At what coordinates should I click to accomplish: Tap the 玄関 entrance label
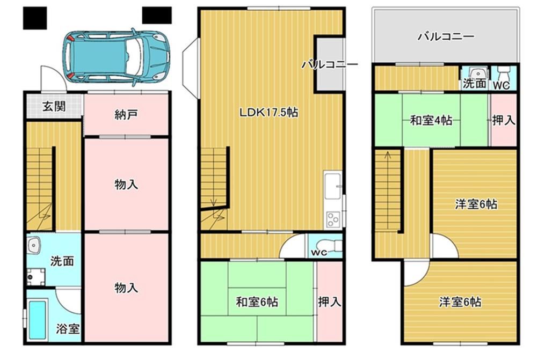point(54,106)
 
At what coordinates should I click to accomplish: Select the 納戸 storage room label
point(126,114)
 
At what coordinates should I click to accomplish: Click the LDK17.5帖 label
point(268,112)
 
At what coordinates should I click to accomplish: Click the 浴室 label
point(68,329)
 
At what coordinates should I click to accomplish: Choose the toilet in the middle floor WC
point(329,246)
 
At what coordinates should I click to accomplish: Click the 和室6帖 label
point(257,302)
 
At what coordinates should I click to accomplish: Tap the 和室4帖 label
point(431,121)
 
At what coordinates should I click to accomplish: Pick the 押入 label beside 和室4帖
point(504,120)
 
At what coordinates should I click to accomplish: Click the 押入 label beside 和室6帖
point(330,302)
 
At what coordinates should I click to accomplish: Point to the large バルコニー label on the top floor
point(446,36)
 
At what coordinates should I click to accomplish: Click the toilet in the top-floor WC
point(504,73)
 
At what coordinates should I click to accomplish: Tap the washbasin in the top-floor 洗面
point(476,73)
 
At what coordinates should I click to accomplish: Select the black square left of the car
point(35,18)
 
